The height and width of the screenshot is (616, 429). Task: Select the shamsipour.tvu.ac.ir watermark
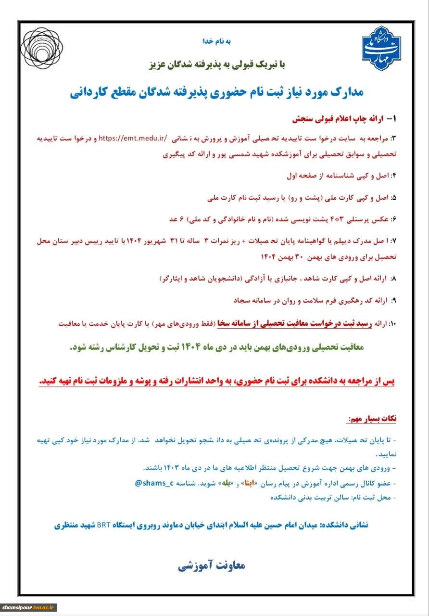tap(29, 608)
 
